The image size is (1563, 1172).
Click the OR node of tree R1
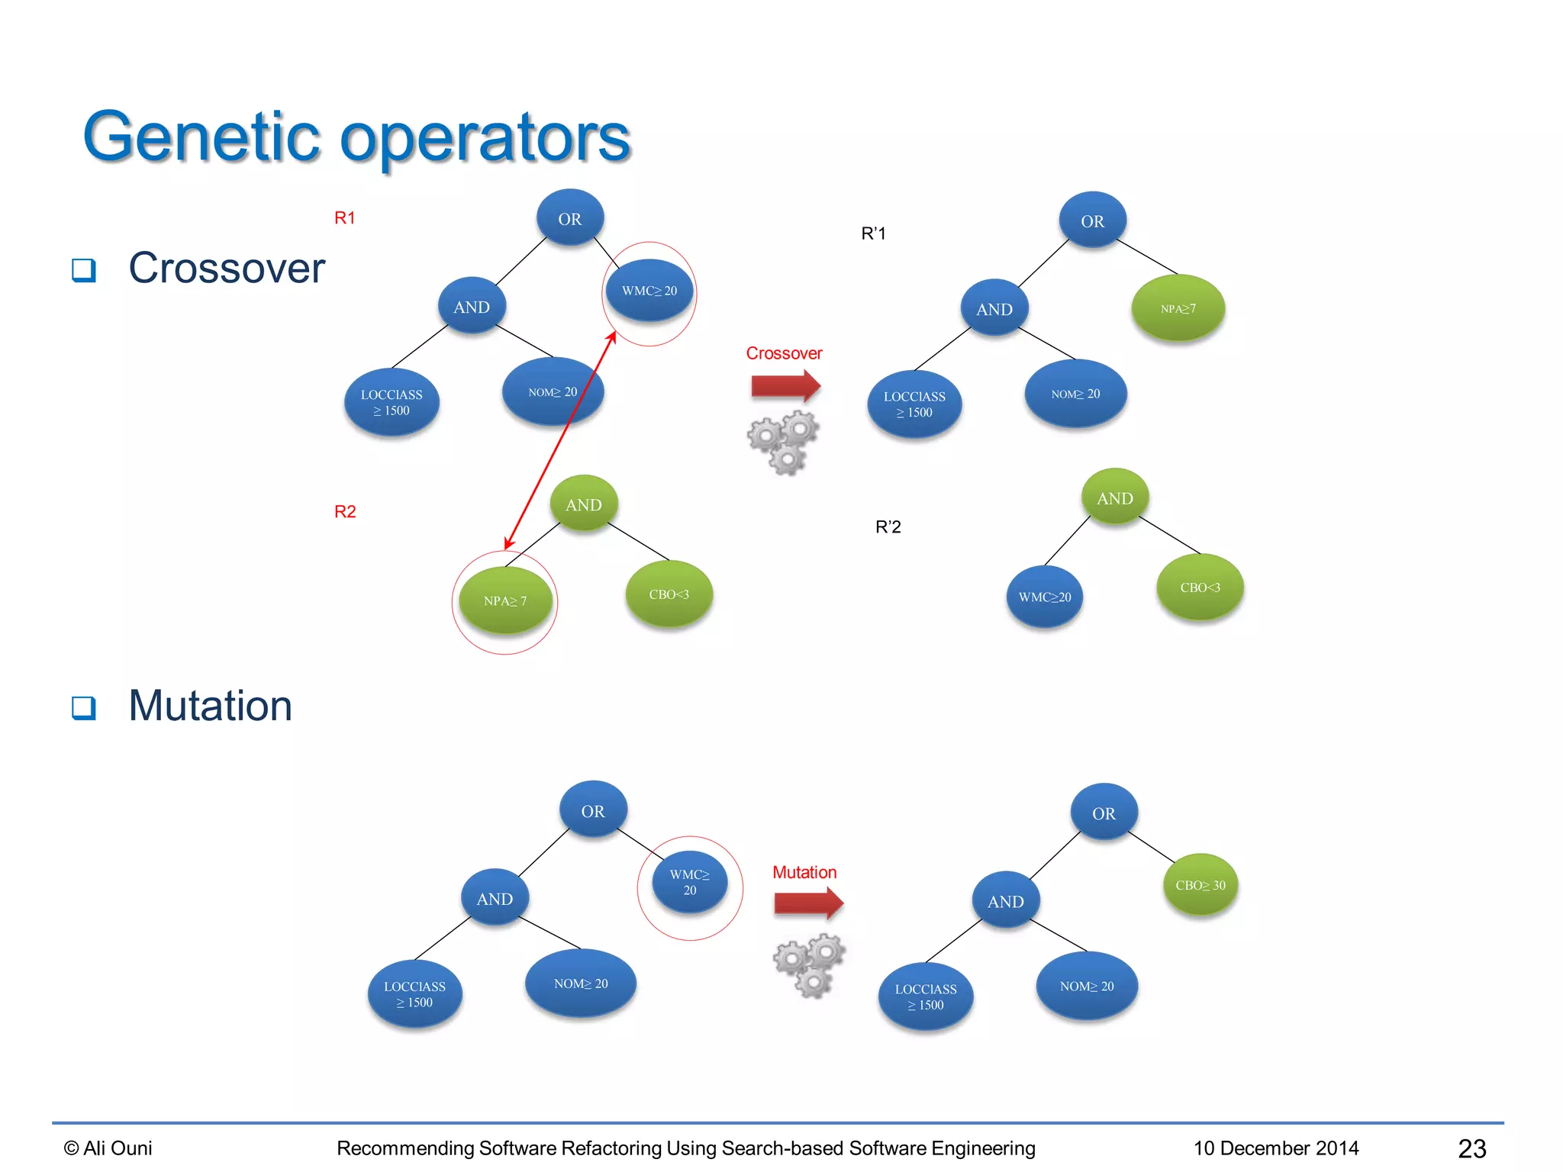click(x=570, y=218)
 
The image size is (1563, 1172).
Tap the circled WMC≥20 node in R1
click(x=649, y=291)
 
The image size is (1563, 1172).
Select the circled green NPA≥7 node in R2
click(x=505, y=600)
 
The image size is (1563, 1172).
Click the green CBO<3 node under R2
click(x=669, y=594)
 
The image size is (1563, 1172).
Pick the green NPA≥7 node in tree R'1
click(x=1178, y=308)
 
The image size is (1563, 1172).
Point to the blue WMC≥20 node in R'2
click(x=1045, y=597)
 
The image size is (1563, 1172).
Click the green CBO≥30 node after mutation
click(x=1200, y=885)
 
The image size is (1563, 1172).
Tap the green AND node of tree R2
click(x=584, y=504)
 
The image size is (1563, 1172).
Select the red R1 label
click(x=345, y=218)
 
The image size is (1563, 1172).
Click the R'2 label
click(x=888, y=526)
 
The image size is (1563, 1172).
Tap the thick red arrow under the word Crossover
click(x=785, y=386)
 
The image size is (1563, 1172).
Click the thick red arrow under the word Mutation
click(x=808, y=903)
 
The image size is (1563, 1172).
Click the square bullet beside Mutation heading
click(x=84, y=707)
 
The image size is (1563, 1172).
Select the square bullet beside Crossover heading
click(x=84, y=269)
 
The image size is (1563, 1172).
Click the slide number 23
click(x=1471, y=1148)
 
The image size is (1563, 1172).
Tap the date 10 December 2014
click(x=1276, y=1148)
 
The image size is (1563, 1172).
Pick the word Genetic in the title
click(x=201, y=138)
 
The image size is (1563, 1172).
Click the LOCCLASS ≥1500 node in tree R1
click(x=392, y=402)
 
